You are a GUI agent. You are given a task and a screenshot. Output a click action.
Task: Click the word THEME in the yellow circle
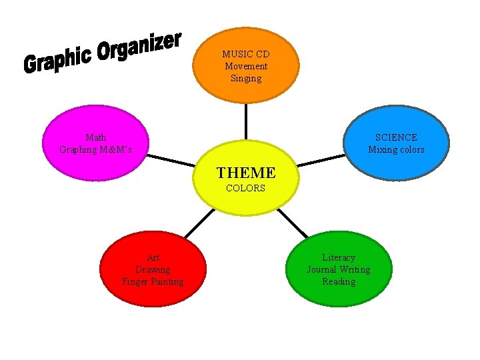[245, 173]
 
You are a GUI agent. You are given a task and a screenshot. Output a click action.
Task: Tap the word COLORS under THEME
[245, 189]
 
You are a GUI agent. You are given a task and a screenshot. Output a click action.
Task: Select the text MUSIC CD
[245, 54]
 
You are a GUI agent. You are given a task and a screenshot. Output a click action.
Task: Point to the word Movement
[245, 66]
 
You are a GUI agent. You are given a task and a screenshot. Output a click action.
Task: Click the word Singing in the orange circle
[245, 78]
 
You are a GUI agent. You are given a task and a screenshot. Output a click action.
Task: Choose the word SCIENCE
[396, 137]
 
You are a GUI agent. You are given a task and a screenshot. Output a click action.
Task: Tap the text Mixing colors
[396, 149]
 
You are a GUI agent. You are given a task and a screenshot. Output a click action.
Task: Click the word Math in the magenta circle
[95, 137]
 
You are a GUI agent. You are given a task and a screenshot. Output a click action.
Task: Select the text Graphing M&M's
[95, 149]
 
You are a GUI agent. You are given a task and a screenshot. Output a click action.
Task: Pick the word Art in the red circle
[153, 257]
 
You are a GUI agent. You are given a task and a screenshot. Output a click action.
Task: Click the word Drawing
[153, 269]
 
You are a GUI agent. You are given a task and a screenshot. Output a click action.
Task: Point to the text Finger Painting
[153, 281]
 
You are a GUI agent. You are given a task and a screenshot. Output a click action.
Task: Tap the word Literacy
[339, 257]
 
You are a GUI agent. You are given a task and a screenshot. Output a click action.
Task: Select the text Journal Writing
[339, 269]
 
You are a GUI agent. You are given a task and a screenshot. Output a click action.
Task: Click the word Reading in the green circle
[339, 281]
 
